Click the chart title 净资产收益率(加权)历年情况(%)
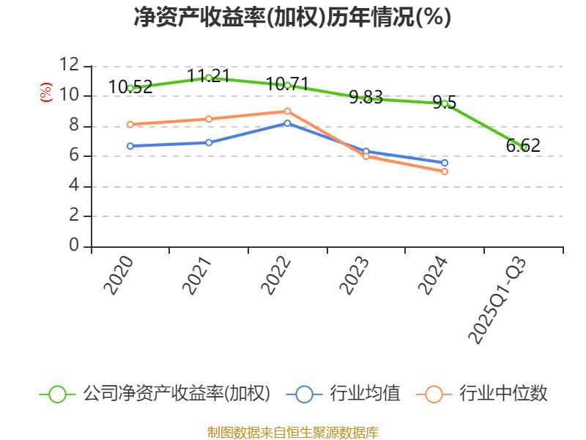[x=292, y=18]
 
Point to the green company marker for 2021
[x=209, y=78]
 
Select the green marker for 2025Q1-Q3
[x=524, y=147]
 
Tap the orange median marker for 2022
[x=287, y=111]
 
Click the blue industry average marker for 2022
[x=287, y=123]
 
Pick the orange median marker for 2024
[x=445, y=172]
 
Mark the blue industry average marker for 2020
[x=130, y=146]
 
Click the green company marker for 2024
[x=445, y=103]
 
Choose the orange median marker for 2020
[x=130, y=125]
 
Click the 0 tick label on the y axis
[x=74, y=246]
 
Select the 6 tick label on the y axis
[x=74, y=155]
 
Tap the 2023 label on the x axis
[x=355, y=275]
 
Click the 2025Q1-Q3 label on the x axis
[x=498, y=299]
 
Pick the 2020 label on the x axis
[x=119, y=275]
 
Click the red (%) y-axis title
[x=46, y=93]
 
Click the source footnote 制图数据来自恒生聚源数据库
[x=292, y=432]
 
